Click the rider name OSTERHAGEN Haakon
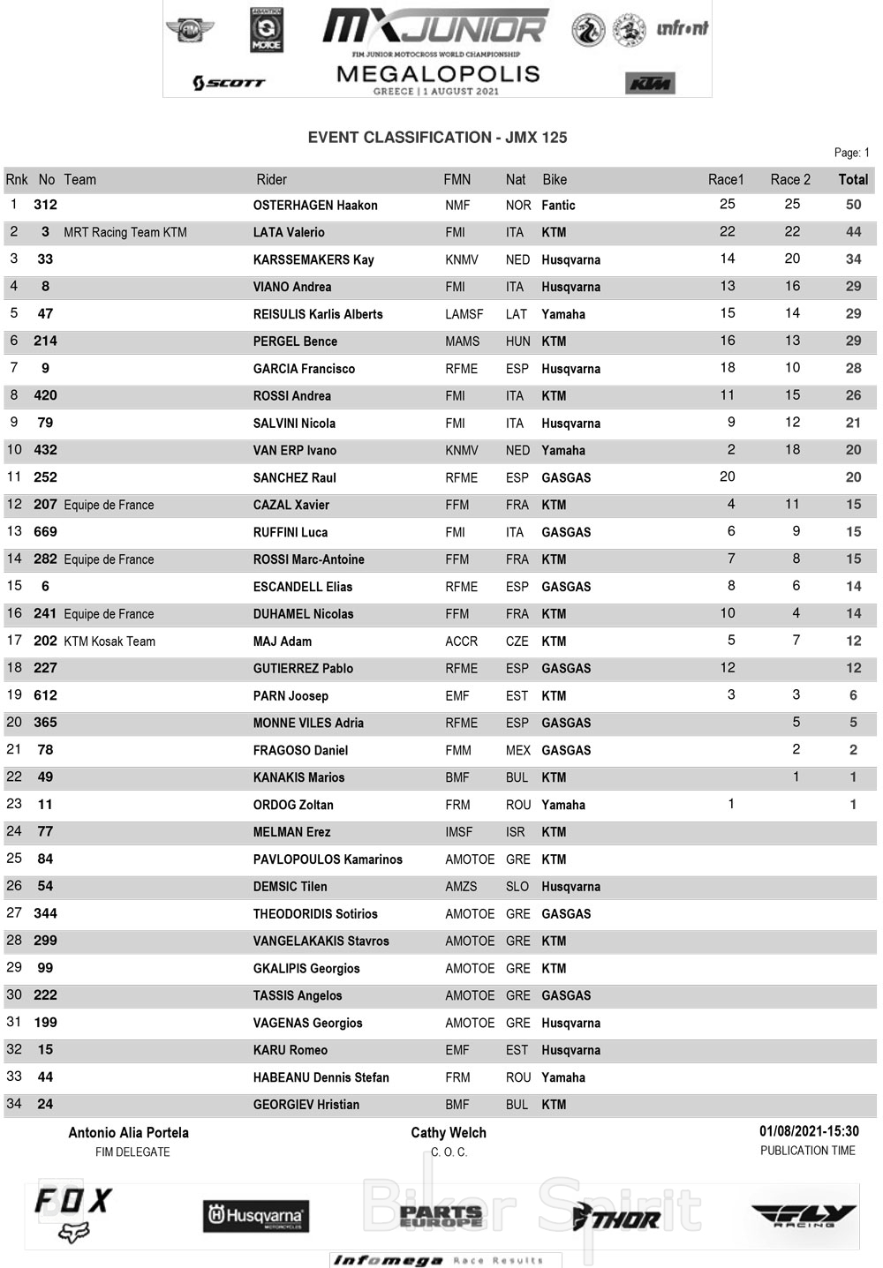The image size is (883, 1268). (x=315, y=206)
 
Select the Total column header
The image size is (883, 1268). (x=853, y=179)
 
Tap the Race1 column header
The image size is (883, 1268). (x=726, y=179)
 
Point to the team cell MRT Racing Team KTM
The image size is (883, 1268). (x=125, y=232)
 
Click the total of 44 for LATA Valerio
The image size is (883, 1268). (x=853, y=232)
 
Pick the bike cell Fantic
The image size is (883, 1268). (x=558, y=206)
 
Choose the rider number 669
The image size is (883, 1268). (x=45, y=532)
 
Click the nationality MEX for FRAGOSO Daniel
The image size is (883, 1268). (x=518, y=750)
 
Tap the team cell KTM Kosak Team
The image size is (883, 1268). (x=109, y=642)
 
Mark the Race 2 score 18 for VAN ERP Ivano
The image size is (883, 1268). (x=792, y=450)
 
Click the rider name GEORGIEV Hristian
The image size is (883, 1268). (x=306, y=1105)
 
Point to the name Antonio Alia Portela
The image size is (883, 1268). (x=129, y=1133)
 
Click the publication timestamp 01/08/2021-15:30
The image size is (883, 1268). (x=809, y=1131)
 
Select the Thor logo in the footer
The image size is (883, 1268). (x=616, y=1219)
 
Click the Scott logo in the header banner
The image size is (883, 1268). (x=229, y=83)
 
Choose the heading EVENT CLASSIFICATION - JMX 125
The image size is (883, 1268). (x=437, y=138)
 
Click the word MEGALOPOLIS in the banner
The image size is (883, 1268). (x=438, y=74)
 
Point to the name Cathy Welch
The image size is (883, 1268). (x=449, y=1133)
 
